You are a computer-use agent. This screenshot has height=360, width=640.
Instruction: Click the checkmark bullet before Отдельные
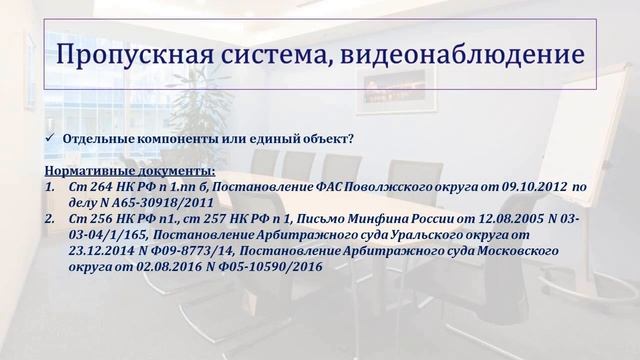click(x=52, y=138)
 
